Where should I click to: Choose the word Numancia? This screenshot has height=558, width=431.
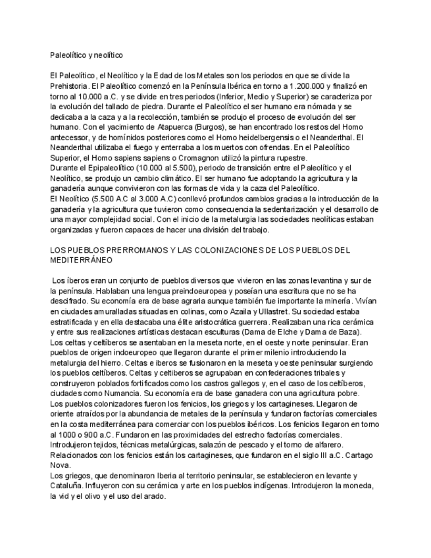tap(128, 393)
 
